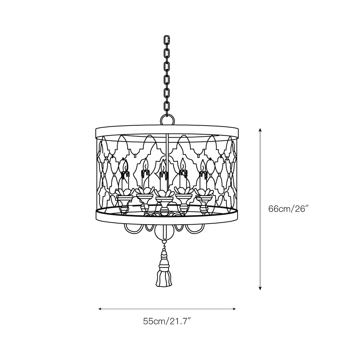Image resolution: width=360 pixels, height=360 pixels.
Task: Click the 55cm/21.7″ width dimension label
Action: tap(167, 321)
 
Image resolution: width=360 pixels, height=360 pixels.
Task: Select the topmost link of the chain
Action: tap(167, 40)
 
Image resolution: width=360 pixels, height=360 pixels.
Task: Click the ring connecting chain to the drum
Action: tap(167, 120)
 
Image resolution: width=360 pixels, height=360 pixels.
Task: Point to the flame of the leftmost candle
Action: tap(125, 165)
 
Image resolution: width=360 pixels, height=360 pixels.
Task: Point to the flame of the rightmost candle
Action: tap(203, 165)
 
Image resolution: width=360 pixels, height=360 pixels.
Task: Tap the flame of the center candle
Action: tap(163, 165)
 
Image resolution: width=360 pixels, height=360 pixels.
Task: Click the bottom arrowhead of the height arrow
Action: tap(260, 288)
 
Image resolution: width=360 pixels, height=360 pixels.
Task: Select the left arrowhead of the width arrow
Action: tap(100, 309)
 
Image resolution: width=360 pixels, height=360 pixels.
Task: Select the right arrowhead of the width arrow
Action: tap(234, 309)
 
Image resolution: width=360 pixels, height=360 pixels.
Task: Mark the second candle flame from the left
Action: tap(145, 165)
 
